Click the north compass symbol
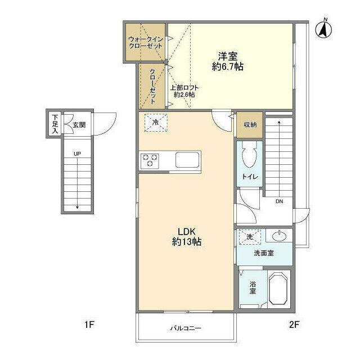(324, 29)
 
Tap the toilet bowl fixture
(250, 155)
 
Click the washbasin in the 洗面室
(279, 236)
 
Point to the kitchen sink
(187, 160)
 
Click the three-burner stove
(150, 160)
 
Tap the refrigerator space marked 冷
(156, 123)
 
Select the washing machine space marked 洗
(250, 237)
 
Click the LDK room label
(187, 232)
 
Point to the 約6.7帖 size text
(227, 66)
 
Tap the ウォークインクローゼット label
(146, 43)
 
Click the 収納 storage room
(250, 125)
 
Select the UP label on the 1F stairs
(77, 154)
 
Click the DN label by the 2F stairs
(279, 201)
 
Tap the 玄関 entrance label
(79, 125)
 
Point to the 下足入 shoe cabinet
(55, 124)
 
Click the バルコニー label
(186, 328)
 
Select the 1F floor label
(89, 325)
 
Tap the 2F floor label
(294, 325)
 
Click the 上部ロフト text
(184, 88)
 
